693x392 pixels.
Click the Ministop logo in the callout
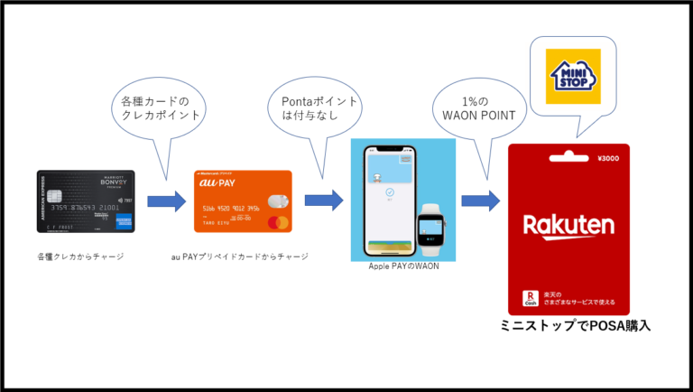pos(568,76)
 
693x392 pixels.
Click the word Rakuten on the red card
pos(568,225)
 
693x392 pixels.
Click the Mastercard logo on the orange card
pos(279,221)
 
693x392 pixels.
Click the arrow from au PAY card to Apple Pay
pos(324,201)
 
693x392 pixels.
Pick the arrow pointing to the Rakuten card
pos(480,201)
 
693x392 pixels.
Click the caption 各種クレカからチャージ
pos(80,257)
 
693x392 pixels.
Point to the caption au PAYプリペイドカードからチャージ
pos(240,257)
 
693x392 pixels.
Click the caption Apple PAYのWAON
pos(402,266)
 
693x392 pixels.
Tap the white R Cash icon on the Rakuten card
pos(532,299)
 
